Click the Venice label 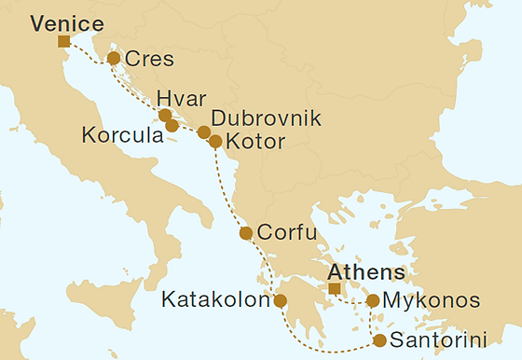(x=66, y=23)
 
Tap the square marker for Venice (x=63, y=41)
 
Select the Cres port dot (x=114, y=59)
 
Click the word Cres (x=147, y=61)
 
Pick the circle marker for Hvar (x=165, y=116)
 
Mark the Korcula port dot (x=172, y=125)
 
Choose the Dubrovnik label (x=266, y=119)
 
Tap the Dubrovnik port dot (x=204, y=132)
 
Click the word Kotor (x=254, y=143)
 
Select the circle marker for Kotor (x=215, y=143)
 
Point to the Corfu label (x=287, y=233)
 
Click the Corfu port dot (x=246, y=233)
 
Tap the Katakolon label (x=214, y=301)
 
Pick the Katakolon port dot (x=280, y=301)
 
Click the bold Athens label (x=366, y=272)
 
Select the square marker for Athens (x=334, y=289)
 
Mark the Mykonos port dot (x=373, y=301)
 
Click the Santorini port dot (x=380, y=339)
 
